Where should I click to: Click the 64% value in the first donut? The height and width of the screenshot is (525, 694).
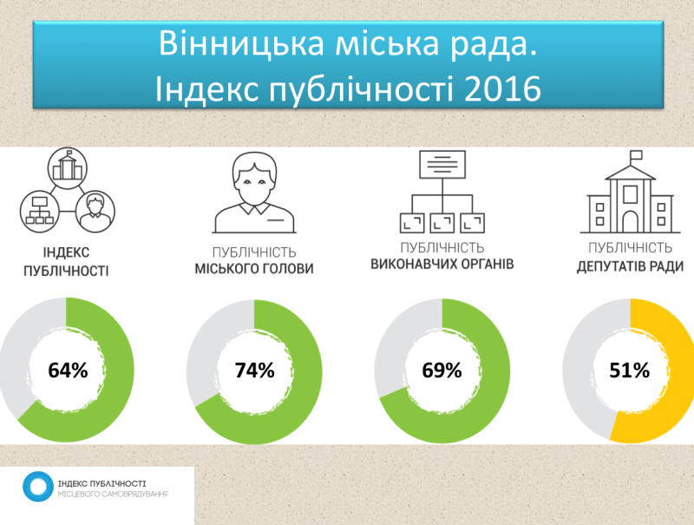[x=68, y=371]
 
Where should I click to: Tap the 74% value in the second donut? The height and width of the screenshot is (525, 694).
[x=254, y=371]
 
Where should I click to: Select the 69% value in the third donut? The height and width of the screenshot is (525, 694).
[x=442, y=371]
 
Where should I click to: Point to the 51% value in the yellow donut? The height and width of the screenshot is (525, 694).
[x=628, y=371]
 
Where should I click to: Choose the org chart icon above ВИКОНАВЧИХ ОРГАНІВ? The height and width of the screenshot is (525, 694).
[x=442, y=193]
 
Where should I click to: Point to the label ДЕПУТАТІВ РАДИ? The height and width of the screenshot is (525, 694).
[x=630, y=268]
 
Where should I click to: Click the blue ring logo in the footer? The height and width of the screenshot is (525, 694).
[x=36, y=487]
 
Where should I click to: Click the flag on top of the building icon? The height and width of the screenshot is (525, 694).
[x=636, y=154]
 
